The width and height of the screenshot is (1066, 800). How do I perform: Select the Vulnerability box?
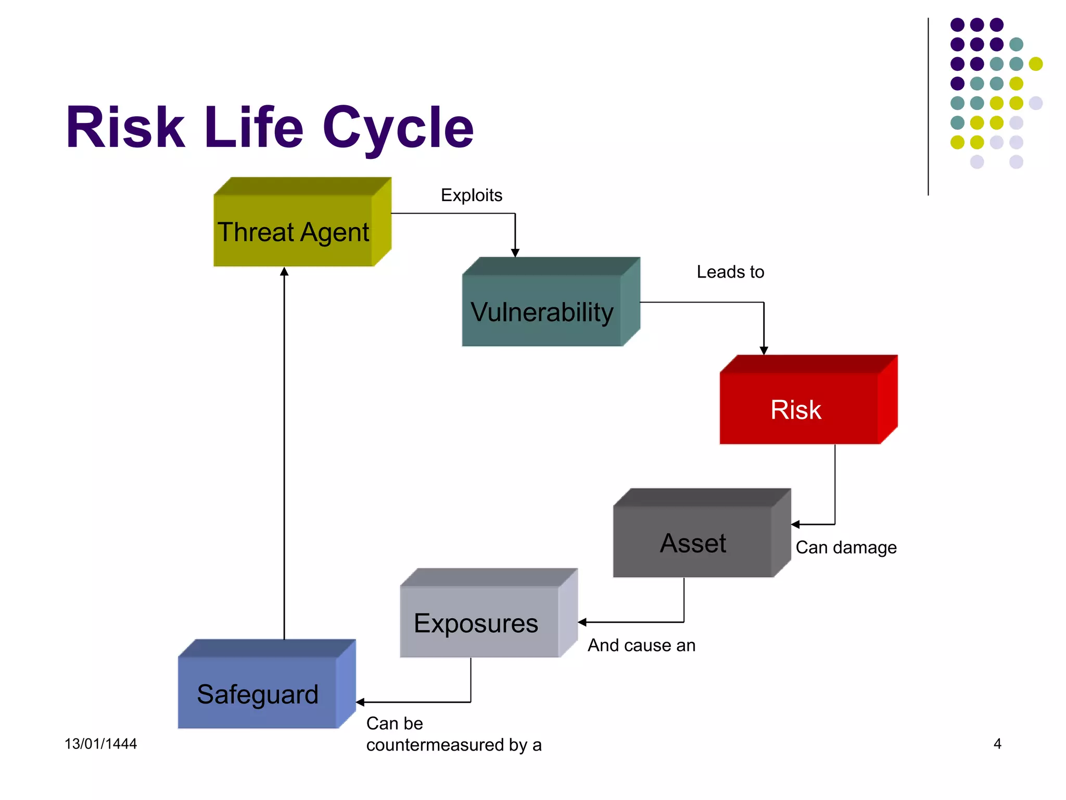pos(542,311)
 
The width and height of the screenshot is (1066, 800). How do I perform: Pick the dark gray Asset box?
pos(693,542)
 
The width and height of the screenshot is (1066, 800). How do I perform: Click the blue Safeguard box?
pos(258,693)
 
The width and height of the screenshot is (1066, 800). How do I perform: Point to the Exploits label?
pos(472,195)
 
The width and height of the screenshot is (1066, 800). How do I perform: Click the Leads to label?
pos(730,272)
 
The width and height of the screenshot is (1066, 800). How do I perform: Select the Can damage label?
pos(846,547)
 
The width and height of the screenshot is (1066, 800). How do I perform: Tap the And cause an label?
pos(641,645)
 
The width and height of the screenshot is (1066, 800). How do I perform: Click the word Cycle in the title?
pos(398,128)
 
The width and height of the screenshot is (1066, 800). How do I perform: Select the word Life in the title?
pos(253,128)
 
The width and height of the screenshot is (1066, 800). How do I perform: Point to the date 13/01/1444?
pos(100,744)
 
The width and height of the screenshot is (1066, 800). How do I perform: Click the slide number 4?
pos(997,744)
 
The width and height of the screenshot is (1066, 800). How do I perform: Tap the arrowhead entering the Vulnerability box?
pos(515,253)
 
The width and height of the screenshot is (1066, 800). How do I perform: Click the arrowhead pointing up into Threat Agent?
pos(284,271)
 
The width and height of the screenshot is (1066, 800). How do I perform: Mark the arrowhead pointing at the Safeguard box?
pos(360,703)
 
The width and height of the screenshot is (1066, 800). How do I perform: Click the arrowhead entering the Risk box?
pos(764,351)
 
